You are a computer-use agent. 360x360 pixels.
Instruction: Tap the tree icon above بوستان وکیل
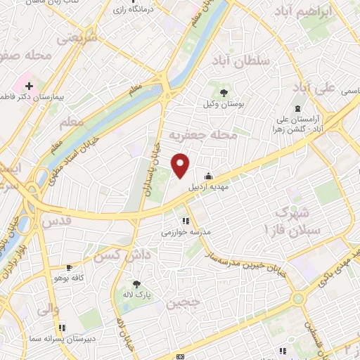[x=224, y=91]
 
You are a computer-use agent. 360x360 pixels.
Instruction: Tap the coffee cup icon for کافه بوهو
[x=70, y=268]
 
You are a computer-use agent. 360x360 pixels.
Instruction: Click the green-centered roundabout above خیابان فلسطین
[x=299, y=299]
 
